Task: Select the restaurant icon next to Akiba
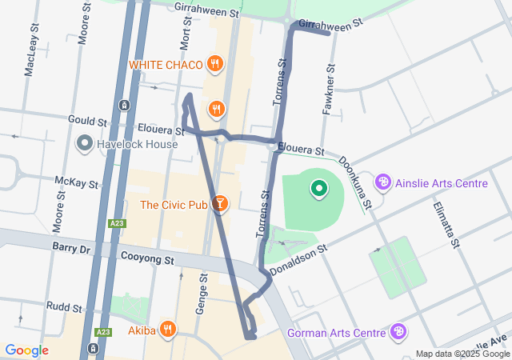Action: coord(167,328)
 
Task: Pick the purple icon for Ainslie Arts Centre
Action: coord(383,183)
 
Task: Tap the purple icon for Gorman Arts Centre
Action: coord(398,331)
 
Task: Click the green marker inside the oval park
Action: coord(319,189)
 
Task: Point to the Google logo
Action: coord(26,350)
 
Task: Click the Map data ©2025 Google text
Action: coord(462,354)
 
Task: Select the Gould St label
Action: coord(87,121)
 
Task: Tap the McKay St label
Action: coord(76,181)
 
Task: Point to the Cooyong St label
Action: coord(146,260)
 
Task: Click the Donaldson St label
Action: coord(299,261)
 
